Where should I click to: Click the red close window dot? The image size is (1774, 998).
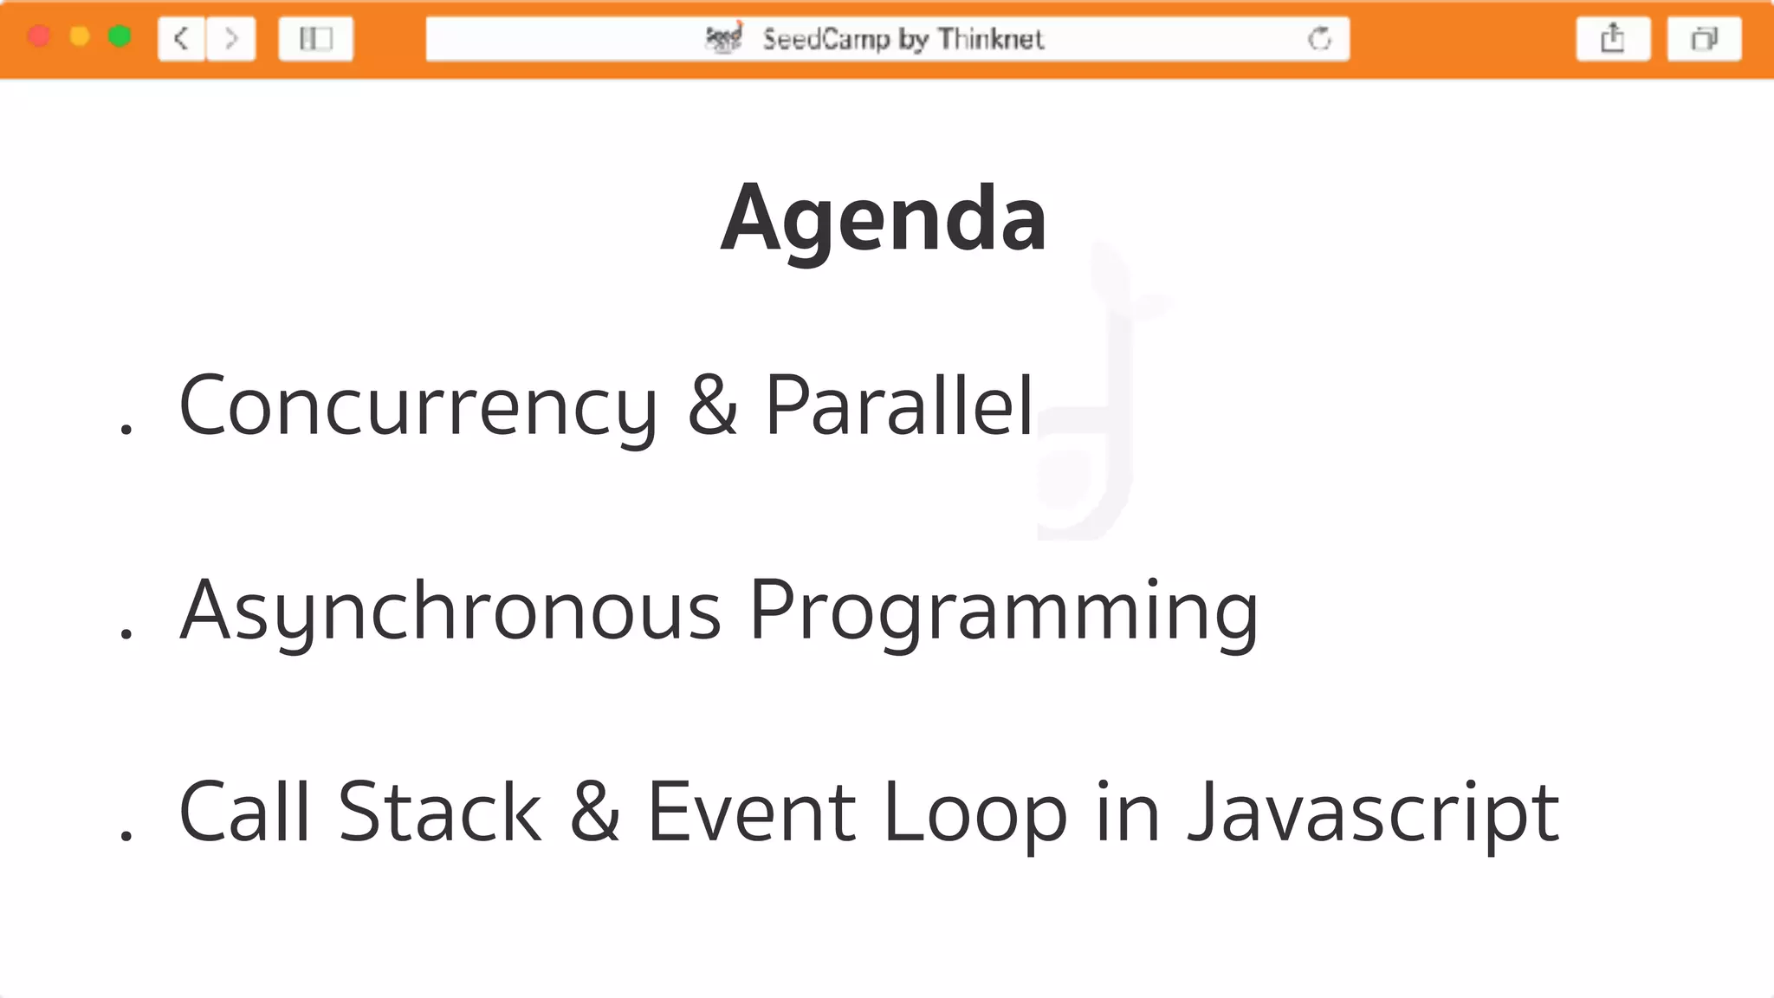coord(39,36)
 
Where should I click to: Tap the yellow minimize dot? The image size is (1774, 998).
coord(80,36)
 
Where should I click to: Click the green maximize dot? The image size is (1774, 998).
coord(120,36)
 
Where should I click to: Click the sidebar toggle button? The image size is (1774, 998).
coord(315,39)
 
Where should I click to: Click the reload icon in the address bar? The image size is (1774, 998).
coord(1319,39)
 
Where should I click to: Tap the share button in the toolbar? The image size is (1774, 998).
coord(1613,39)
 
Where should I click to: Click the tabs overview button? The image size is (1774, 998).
coord(1704,39)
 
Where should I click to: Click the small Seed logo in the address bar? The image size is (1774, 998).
coord(724,38)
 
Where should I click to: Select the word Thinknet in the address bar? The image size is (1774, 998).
coord(991,39)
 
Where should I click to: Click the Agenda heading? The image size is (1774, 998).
coord(884,218)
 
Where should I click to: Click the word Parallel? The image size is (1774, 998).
coord(899,405)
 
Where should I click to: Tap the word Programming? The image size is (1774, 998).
coord(1003,612)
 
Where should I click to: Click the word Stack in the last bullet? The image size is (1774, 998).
coord(439,813)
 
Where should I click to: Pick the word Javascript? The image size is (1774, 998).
coord(1373,813)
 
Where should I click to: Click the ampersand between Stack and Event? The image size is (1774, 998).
coord(595,813)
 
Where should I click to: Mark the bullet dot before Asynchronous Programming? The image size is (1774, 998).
coord(126,634)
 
